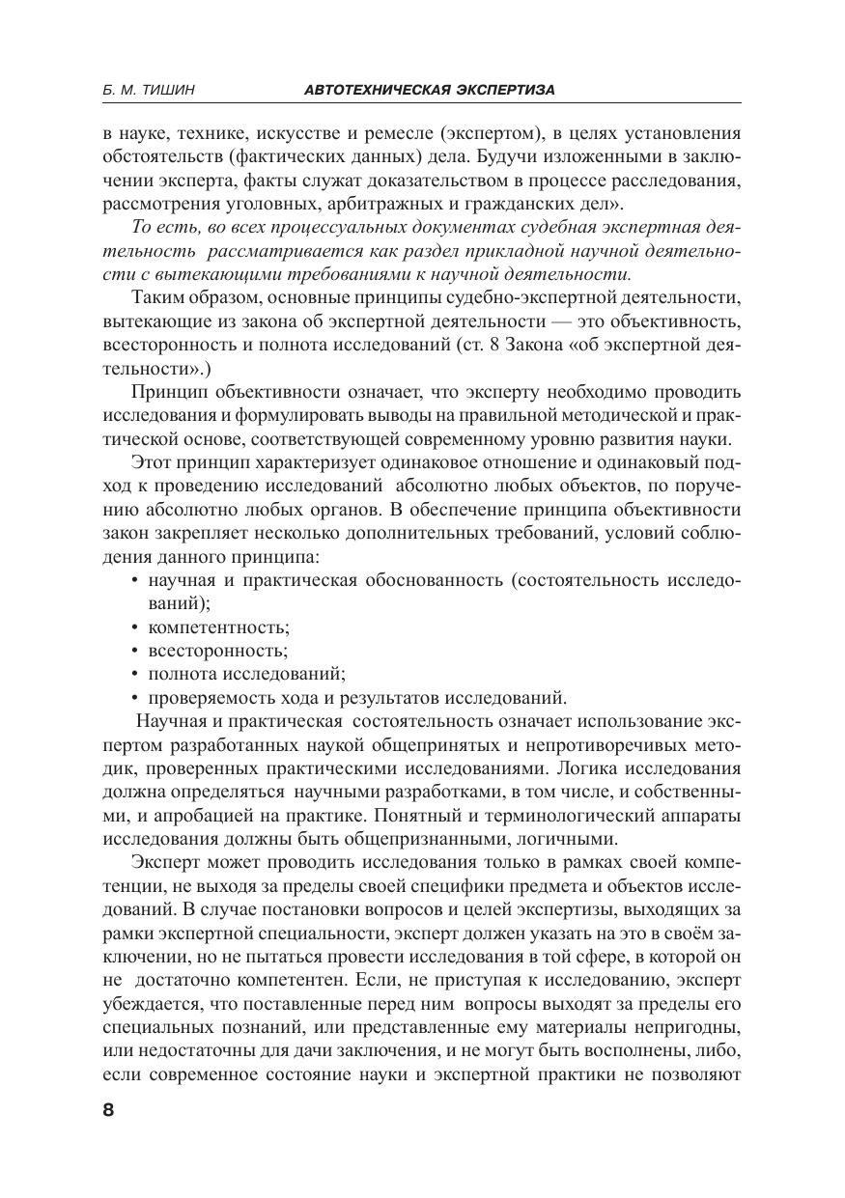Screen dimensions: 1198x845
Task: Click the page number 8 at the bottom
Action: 108,1109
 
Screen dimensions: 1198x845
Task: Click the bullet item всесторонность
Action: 217,652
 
